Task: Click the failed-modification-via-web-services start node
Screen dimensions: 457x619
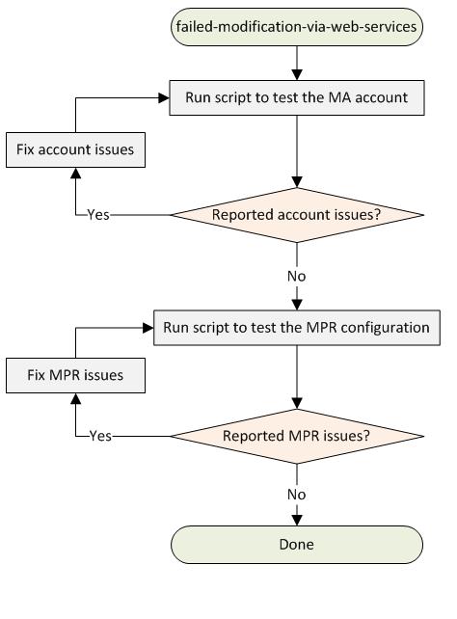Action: (297, 27)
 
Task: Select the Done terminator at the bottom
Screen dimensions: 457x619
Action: (297, 545)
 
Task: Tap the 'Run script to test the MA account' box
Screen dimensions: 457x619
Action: (297, 98)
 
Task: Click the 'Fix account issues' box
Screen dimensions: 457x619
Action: (75, 150)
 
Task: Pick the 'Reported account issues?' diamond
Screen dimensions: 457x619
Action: (297, 215)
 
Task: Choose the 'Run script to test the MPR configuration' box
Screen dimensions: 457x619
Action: (297, 328)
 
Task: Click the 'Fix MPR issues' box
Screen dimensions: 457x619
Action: (75, 375)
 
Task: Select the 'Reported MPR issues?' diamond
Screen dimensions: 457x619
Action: (297, 436)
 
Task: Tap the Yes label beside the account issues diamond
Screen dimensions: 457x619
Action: (98, 215)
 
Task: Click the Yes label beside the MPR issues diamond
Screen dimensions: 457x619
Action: (100, 436)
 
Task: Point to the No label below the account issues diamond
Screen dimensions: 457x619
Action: (297, 277)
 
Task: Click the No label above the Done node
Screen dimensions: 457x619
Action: (297, 495)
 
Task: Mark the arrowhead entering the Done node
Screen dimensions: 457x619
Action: (297, 521)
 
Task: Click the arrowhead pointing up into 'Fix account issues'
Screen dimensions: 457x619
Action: (75, 173)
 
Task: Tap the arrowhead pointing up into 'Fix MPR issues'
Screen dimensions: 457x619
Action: (75, 398)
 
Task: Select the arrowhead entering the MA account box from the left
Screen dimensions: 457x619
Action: (164, 98)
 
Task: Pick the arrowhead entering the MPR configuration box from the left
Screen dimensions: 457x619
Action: (148, 328)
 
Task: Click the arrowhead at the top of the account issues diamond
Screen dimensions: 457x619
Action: (297, 182)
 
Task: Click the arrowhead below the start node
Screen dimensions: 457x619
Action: (297, 75)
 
